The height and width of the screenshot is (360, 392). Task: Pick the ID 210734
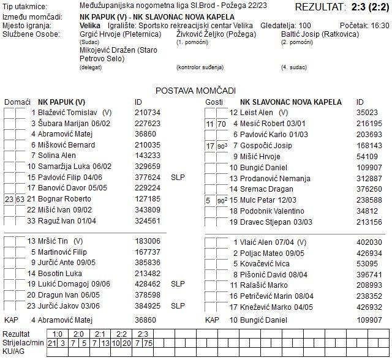pyautogui.click(x=147, y=113)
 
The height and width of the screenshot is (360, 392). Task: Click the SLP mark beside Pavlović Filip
pyautogui.click(x=178, y=178)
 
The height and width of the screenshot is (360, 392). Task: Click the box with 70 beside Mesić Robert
pyautogui.click(x=221, y=124)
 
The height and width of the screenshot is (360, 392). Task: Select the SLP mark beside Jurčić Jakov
pyautogui.click(x=178, y=306)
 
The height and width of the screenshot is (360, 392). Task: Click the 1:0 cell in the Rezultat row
pyautogui.click(x=58, y=334)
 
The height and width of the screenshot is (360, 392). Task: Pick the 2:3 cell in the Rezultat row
pyautogui.click(x=143, y=334)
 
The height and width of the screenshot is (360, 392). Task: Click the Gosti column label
pyautogui.click(x=214, y=102)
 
